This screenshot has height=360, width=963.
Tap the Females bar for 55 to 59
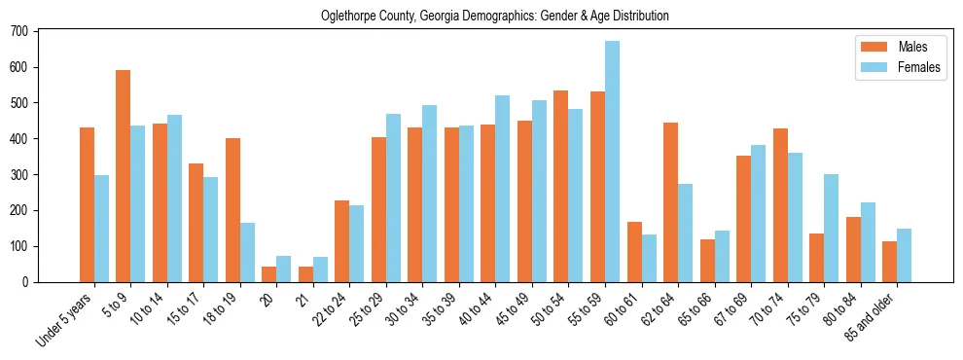(x=612, y=162)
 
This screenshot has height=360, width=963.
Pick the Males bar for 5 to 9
(x=123, y=176)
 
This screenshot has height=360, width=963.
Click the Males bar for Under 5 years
(x=87, y=204)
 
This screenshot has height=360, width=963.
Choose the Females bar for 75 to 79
(x=831, y=228)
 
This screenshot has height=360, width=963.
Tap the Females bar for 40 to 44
(x=503, y=189)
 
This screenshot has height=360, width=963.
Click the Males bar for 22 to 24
(x=341, y=241)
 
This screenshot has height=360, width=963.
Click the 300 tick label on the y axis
(x=19, y=174)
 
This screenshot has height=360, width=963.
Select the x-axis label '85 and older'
(x=871, y=317)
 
